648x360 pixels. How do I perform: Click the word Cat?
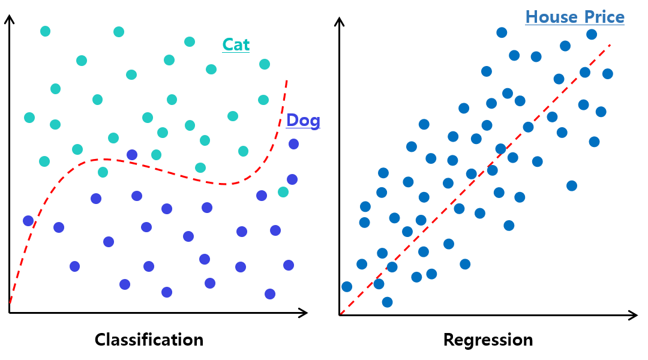coord(236,44)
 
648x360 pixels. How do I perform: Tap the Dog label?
coord(303,120)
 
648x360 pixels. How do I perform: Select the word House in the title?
coord(551,17)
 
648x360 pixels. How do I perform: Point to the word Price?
coord(602,17)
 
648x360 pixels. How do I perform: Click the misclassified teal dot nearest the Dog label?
coord(283,192)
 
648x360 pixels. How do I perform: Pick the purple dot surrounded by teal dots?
coord(132,155)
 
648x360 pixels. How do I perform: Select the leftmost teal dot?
coord(29,118)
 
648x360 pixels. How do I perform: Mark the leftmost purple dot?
coord(28,221)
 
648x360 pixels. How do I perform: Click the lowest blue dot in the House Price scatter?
coord(387,302)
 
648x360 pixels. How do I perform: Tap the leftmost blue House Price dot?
coord(347,286)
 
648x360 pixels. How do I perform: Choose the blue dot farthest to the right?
coord(607,74)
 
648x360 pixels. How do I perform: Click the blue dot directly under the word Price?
coord(592,34)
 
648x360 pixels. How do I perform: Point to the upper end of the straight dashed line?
coord(610,44)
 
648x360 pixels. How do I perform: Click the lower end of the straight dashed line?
coord(341,313)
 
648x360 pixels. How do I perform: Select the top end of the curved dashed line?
coord(287,80)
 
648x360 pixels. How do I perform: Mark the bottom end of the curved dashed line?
coord(10,303)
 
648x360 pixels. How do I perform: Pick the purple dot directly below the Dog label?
coord(293,144)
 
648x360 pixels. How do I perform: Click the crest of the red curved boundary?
coord(105,159)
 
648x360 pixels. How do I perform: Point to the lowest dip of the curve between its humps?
coord(223,184)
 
